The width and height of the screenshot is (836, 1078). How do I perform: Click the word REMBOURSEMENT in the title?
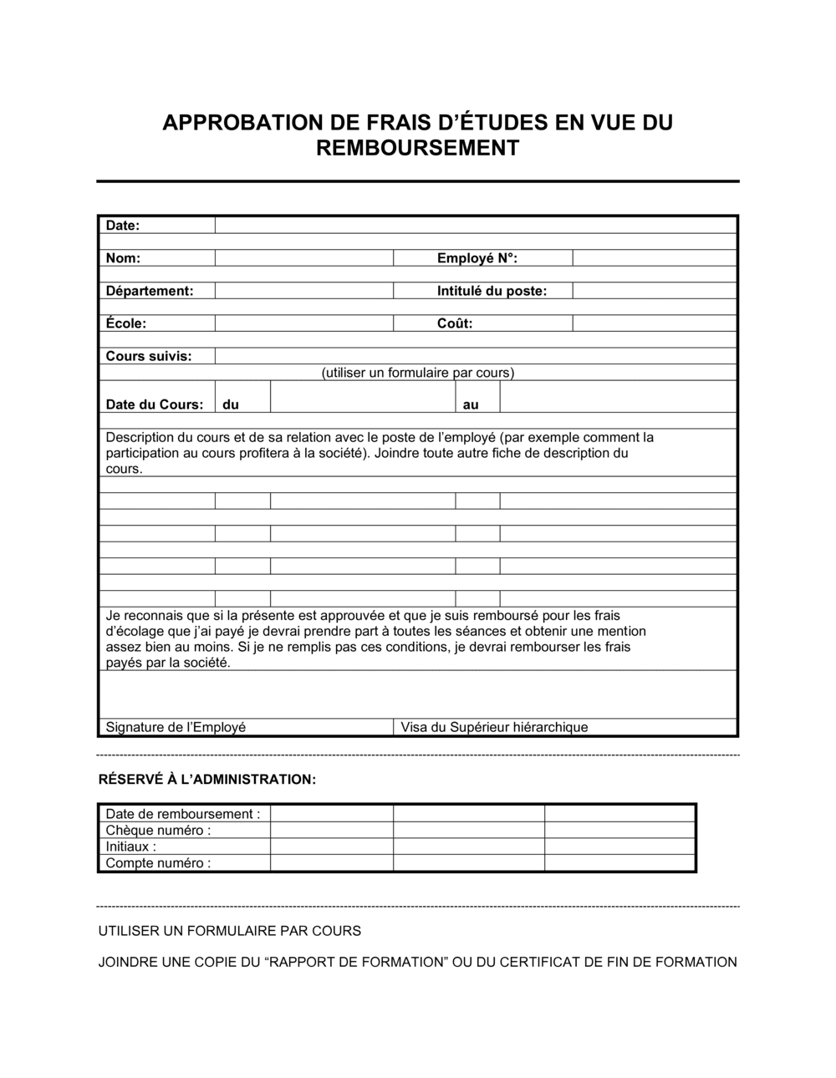(417, 148)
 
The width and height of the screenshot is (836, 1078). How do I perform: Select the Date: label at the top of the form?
(123, 226)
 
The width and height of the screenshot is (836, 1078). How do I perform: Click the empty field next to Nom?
(303, 258)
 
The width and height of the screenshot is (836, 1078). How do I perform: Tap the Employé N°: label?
(477, 258)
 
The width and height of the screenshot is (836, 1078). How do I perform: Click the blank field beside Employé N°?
(654, 258)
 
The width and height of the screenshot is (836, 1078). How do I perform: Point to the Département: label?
(150, 291)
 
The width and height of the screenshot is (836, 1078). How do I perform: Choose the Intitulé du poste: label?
(492, 291)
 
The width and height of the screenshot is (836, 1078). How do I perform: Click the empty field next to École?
(303, 323)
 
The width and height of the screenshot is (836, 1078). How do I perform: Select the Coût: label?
(455, 323)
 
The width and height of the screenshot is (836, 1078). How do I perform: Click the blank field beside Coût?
(654, 323)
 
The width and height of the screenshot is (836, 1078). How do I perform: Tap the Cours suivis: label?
(149, 356)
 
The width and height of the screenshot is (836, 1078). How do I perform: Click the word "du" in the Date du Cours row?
(231, 404)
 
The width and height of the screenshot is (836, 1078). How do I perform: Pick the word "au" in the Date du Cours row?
(471, 404)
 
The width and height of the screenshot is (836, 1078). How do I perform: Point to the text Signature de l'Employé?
(176, 727)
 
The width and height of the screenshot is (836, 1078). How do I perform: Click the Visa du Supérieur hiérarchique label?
(494, 727)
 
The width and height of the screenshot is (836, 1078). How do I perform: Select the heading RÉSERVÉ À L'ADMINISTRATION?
(207, 780)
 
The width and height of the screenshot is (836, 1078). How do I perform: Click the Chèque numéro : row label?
(158, 830)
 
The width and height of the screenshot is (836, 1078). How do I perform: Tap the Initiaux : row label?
(131, 847)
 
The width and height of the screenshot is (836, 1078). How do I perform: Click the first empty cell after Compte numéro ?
(331, 863)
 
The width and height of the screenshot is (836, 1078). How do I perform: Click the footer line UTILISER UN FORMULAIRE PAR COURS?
(230, 931)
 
